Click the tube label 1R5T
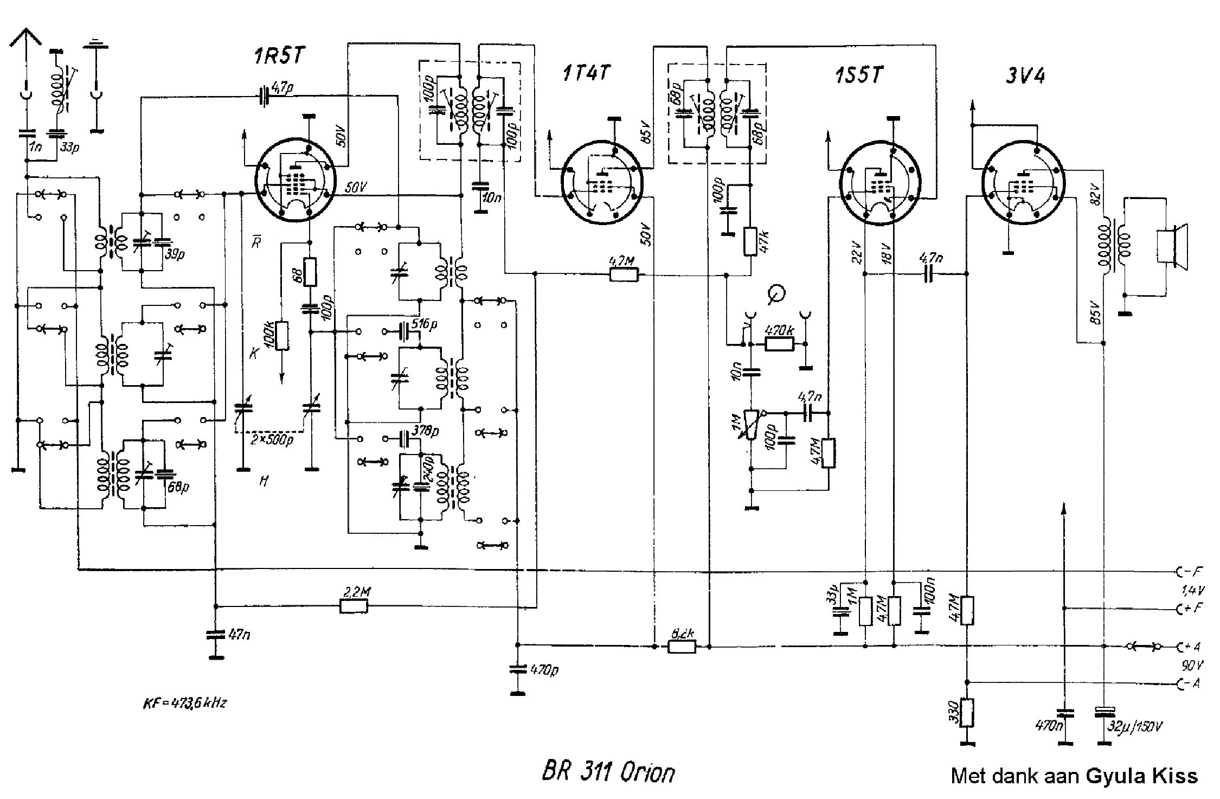coord(279,56)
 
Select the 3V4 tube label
coord(1025,75)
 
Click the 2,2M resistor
coord(354,606)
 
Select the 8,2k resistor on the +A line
coord(681,647)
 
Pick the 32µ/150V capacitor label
coord(1136,726)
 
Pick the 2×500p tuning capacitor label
coord(271,440)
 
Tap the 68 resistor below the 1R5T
coord(310,272)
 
